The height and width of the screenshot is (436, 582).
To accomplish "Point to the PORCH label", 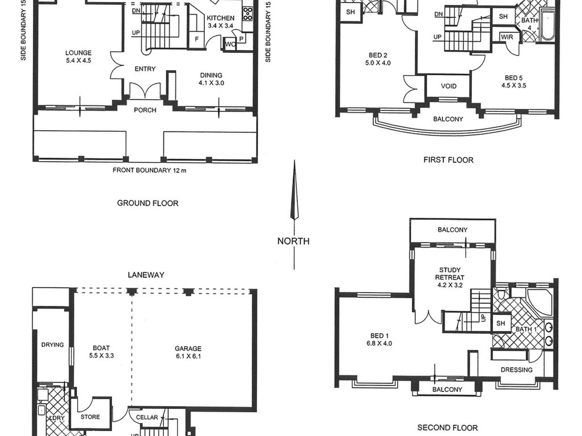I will click(x=145, y=110).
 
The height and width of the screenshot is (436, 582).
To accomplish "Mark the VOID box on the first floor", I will click(x=449, y=86).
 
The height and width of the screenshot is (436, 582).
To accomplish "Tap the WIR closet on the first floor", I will click(x=507, y=37).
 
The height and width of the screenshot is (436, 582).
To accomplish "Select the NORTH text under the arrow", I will click(x=293, y=241).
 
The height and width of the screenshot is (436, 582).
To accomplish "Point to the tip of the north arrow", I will click(x=294, y=162).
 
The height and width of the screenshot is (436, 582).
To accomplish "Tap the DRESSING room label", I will click(x=517, y=370).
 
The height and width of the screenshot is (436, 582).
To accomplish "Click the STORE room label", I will click(x=90, y=417).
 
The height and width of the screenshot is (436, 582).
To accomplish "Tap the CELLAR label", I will click(x=146, y=417).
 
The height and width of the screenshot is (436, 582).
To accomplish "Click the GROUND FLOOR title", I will click(x=147, y=203).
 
